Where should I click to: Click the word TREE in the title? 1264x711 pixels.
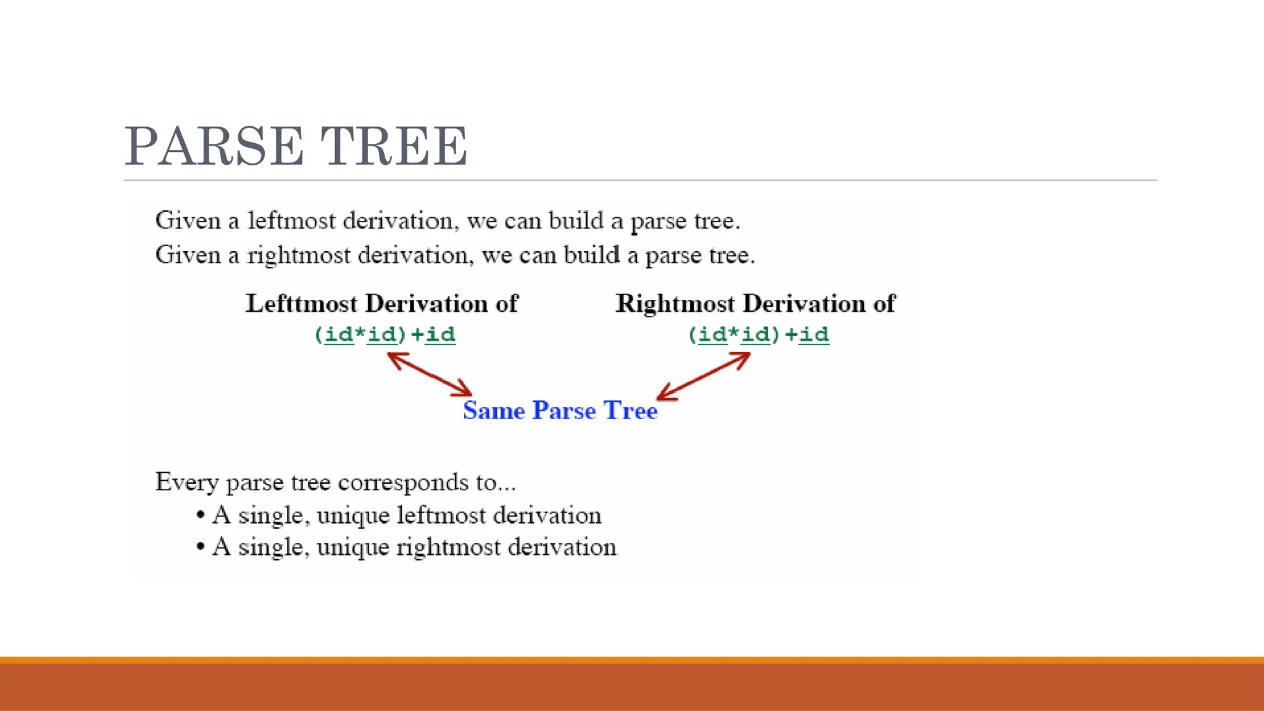pos(394,146)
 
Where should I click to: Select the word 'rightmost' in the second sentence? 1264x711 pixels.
pos(299,256)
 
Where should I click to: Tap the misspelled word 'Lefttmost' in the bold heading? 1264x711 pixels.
pos(302,304)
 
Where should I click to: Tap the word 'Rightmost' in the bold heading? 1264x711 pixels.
pos(675,304)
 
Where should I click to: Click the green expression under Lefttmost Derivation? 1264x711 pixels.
pos(385,335)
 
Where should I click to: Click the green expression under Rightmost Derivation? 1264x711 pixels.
pos(759,335)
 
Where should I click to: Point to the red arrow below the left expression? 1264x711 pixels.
pos(430,374)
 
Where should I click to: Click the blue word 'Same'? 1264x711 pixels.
pos(494,410)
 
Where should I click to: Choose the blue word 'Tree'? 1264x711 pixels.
pos(630,410)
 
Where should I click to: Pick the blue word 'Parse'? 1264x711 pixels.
pos(564,410)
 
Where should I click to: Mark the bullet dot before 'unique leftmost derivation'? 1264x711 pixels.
pos(200,515)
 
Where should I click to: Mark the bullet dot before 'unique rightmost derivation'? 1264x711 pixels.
pos(200,547)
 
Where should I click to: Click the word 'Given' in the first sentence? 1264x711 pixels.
pos(188,221)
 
